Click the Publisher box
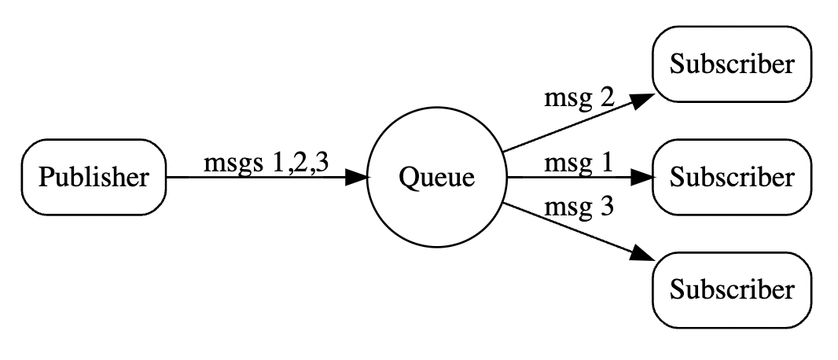94,178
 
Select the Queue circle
437,178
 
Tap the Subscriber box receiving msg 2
731,64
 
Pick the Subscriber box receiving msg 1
731,178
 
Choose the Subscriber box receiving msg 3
731,290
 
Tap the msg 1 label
579,163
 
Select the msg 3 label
579,208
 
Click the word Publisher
94,178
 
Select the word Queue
437,178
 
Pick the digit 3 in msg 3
605,208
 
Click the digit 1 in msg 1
605,163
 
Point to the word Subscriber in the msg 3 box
731,290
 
